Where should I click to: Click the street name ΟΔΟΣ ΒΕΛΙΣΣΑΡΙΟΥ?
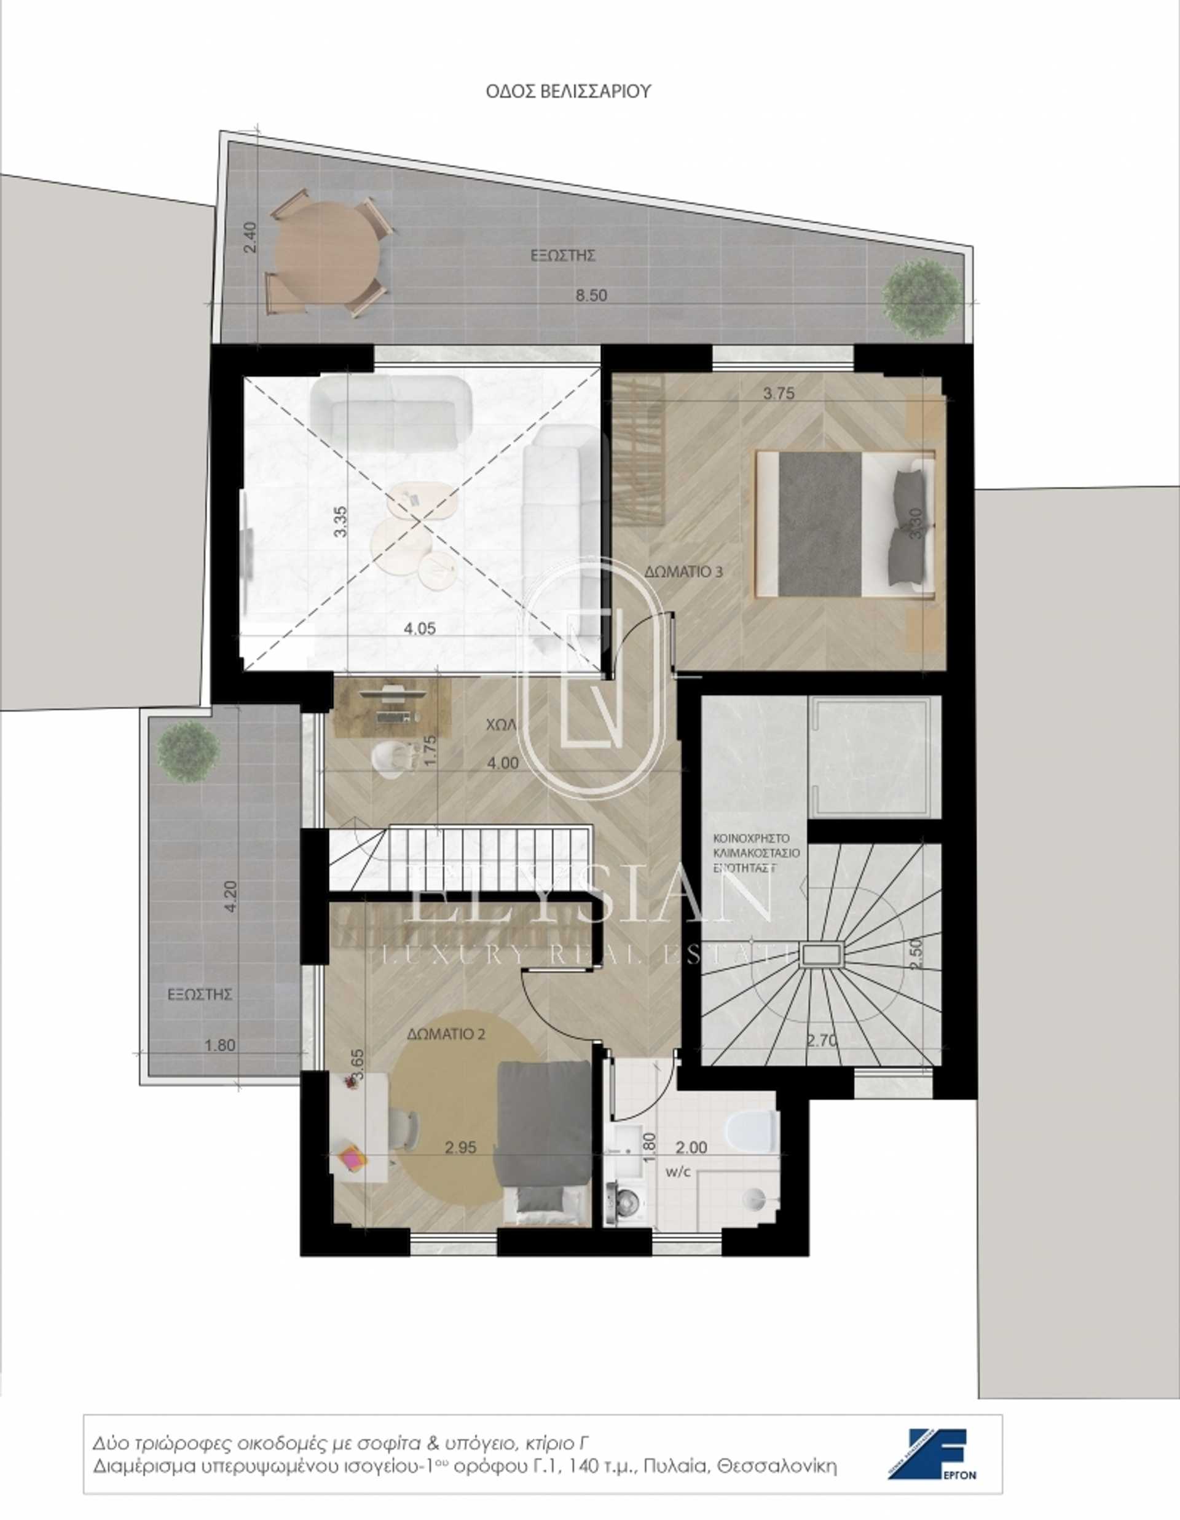pos(568,91)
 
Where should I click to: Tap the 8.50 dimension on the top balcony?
pos(591,295)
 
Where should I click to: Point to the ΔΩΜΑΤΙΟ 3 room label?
pos(683,572)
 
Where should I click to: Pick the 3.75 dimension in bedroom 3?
pos(779,394)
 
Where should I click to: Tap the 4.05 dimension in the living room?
pos(420,628)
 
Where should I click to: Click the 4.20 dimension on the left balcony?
pos(232,897)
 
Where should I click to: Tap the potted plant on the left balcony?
pos(188,751)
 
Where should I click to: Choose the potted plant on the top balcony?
pos(922,299)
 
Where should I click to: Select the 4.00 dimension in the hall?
pos(502,763)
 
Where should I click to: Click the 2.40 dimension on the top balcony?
pos(251,237)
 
